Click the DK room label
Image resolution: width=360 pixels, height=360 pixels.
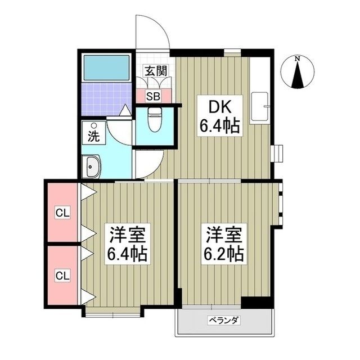coord(219,107)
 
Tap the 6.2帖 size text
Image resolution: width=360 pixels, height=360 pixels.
coord(223,254)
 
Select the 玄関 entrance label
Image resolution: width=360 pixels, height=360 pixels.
coord(154,71)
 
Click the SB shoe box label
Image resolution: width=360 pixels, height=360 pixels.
coord(153,96)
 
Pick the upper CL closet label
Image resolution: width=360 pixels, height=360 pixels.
coord(62,213)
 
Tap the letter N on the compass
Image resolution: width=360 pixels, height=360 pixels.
coord(299,58)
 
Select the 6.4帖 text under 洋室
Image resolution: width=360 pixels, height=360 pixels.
coord(127,254)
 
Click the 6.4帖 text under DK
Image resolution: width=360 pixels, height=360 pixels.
coord(219,126)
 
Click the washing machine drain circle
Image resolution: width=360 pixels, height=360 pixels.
coord(94,125)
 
